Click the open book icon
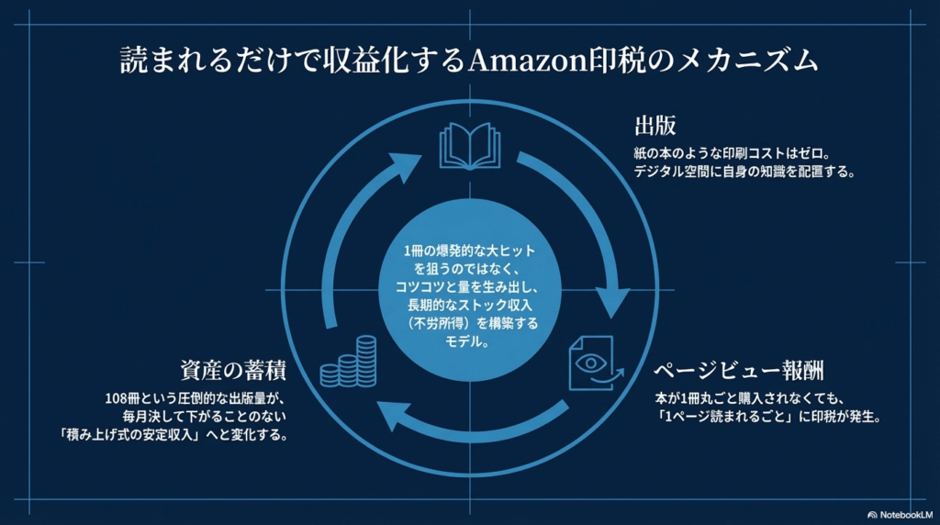tap(469, 147)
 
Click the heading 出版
tap(655, 126)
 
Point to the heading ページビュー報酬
tap(738, 372)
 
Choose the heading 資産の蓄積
tap(232, 372)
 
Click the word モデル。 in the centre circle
tap(469, 341)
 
